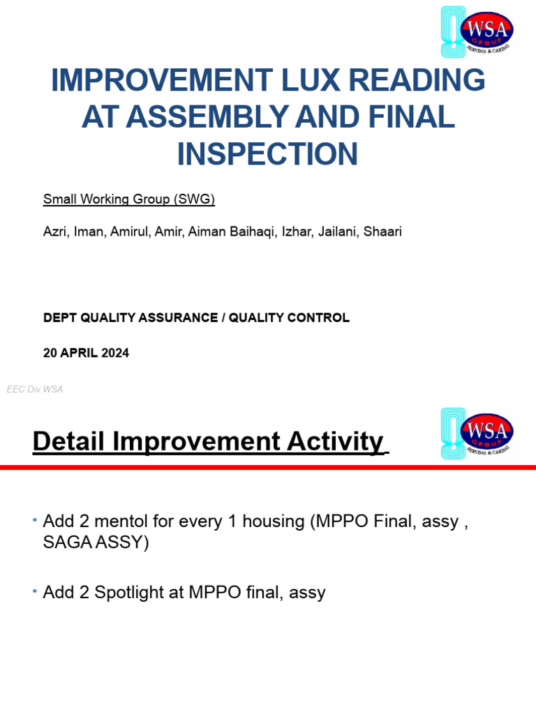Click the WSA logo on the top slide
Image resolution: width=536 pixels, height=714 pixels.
click(477, 31)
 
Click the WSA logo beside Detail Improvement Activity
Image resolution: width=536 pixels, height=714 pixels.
click(477, 434)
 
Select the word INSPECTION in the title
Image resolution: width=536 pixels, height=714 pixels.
click(267, 153)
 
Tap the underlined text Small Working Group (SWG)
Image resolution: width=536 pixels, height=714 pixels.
click(129, 199)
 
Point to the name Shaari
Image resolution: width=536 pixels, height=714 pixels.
click(382, 231)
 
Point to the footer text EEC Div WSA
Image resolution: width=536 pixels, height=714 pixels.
click(35, 389)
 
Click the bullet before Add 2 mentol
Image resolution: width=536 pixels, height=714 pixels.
click(35, 520)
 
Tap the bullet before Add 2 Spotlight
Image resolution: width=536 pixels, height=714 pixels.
click(35, 591)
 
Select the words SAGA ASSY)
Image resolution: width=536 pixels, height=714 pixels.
click(96, 542)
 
